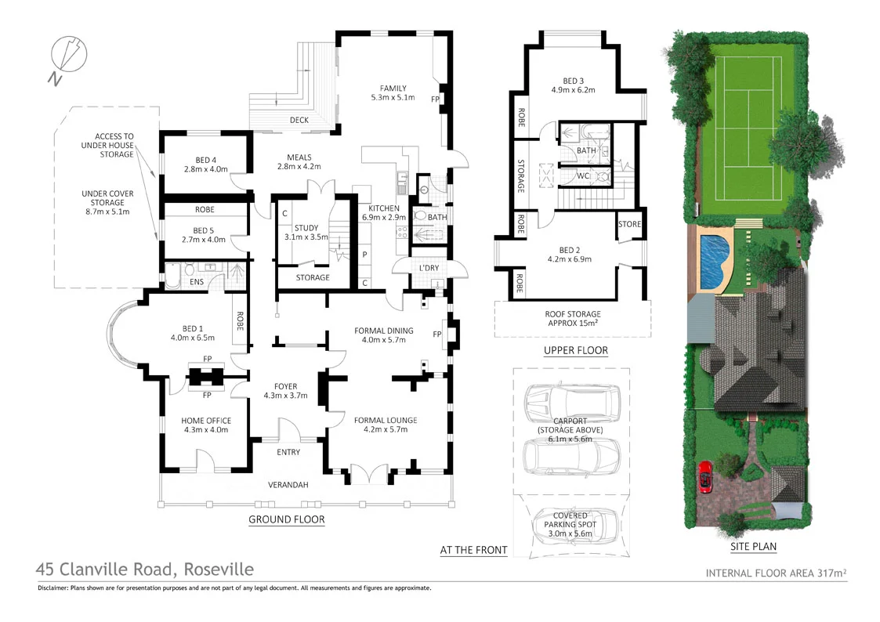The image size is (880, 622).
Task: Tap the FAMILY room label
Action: tap(393, 88)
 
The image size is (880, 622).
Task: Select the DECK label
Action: tap(299, 120)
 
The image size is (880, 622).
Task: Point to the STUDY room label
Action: tap(301, 227)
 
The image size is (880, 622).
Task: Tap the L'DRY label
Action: tap(428, 269)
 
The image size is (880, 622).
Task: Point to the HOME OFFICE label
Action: tap(206, 421)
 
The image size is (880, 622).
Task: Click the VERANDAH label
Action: tap(288, 485)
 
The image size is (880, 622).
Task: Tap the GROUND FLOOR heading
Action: tap(286, 519)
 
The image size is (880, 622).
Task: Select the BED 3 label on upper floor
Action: tap(573, 81)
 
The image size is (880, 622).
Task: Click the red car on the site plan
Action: tap(704, 476)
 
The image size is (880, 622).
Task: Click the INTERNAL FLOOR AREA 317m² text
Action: tap(776, 573)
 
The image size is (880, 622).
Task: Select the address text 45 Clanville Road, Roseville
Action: tap(145, 570)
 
